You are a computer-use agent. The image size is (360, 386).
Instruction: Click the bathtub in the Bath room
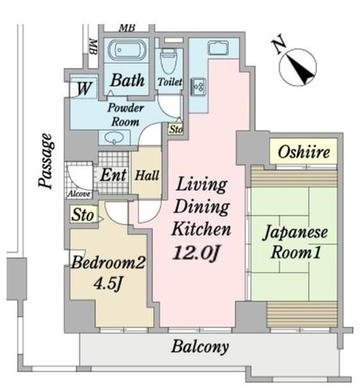[127, 50]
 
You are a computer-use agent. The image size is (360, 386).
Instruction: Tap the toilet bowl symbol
[168, 60]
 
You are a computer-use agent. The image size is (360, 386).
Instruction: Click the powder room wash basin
[114, 138]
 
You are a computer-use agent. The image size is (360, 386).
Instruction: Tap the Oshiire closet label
[304, 152]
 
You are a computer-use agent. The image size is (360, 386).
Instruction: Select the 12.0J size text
[195, 253]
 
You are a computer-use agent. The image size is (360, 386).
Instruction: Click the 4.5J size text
[108, 284]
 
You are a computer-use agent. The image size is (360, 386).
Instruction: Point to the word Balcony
[200, 347]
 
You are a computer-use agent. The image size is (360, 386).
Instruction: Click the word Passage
[46, 161]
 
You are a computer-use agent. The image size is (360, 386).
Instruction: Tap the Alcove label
[79, 194]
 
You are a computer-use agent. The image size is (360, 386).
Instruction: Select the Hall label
[147, 176]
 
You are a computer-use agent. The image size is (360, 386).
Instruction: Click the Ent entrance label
[113, 175]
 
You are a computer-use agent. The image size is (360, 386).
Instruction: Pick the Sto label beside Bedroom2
[82, 215]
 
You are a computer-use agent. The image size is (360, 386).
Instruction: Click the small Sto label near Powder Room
[176, 129]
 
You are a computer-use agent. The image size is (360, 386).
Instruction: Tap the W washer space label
[84, 88]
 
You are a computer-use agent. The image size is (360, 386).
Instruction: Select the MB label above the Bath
[127, 28]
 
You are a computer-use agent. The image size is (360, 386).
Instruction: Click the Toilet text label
[170, 82]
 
